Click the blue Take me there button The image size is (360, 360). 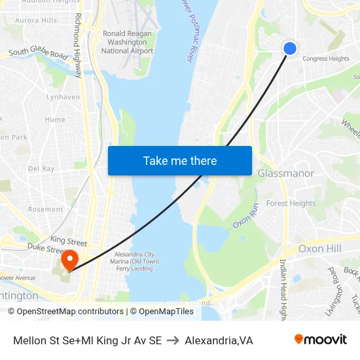pyautogui.click(x=180, y=161)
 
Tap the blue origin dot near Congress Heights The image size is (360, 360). pyautogui.click(x=290, y=48)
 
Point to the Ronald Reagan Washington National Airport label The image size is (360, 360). pyautogui.click(x=128, y=42)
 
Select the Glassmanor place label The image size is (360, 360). pyautogui.click(x=286, y=173)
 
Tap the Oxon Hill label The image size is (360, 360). pyautogui.click(x=319, y=249)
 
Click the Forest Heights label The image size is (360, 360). pyautogui.click(x=291, y=204)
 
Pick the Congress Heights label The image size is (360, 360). pyautogui.click(x=325, y=59)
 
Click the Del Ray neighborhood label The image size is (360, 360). pyautogui.click(x=41, y=168)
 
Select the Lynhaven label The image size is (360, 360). pyautogui.click(x=63, y=97)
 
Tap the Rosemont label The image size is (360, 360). pyautogui.click(x=45, y=209)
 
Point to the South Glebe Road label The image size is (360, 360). pyautogui.click(x=38, y=52)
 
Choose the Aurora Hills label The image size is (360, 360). pyautogui.click(x=35, y=20)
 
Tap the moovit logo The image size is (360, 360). pyautogui.click(x=321, y=340)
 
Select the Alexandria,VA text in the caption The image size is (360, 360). pyautogui.click(x=219, y=340)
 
